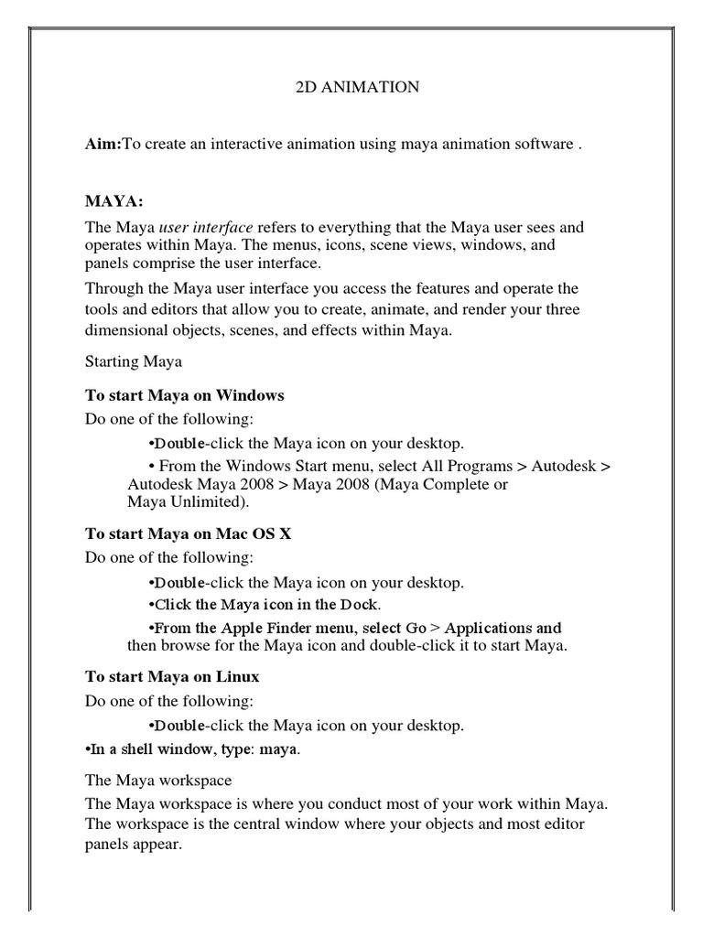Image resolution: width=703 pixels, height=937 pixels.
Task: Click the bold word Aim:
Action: (103, 145)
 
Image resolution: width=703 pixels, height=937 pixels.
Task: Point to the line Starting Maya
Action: (134, 361)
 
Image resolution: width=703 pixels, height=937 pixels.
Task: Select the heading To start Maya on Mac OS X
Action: (189, 533)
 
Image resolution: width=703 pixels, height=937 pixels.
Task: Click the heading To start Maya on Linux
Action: (172, 677)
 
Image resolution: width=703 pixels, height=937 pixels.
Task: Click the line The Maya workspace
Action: (158, 781)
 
